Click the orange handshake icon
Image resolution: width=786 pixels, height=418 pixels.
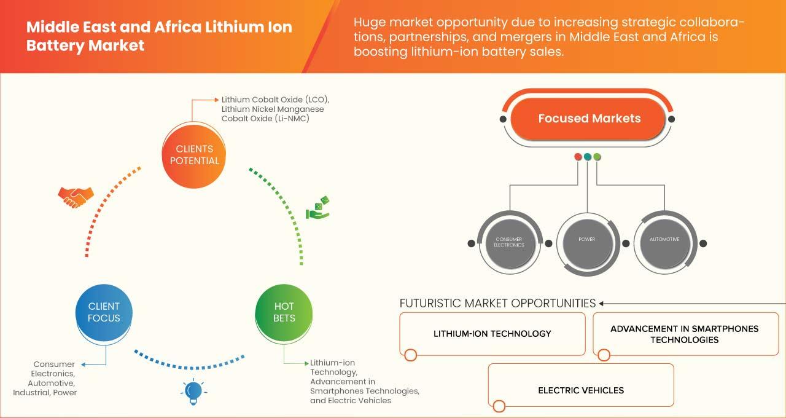tap(76, 197)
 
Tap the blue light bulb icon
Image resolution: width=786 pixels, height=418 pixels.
tap(193, 392)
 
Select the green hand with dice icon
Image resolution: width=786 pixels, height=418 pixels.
tap(317, 208)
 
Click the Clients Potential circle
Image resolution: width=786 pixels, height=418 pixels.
tap(194, 156)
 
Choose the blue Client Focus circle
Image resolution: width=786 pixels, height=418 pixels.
tap(104, 312)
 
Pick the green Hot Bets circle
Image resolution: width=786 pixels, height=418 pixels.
tap(284, 312)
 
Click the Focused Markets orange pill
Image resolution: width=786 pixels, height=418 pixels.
tap(588, 119)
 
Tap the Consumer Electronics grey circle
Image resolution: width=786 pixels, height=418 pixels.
tap(509, 243)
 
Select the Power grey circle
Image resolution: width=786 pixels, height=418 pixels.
tap(586, 243)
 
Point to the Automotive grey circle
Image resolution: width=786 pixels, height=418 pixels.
tap(664, 243)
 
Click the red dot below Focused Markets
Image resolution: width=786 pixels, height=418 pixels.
tap(578, 157)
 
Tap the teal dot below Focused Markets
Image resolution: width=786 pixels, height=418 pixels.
tap(588, 157)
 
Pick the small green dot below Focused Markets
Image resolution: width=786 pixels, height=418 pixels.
tap(597, 157)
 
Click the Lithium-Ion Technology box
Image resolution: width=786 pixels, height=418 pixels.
tap(492, 334)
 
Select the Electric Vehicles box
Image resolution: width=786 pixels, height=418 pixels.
tap(581, 385)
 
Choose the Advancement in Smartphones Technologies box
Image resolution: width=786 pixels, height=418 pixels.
tap(686, 334)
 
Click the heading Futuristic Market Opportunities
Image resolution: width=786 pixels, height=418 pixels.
tap(497, 303)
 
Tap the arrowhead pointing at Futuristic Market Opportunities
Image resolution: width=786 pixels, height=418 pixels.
tap(601, 304)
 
